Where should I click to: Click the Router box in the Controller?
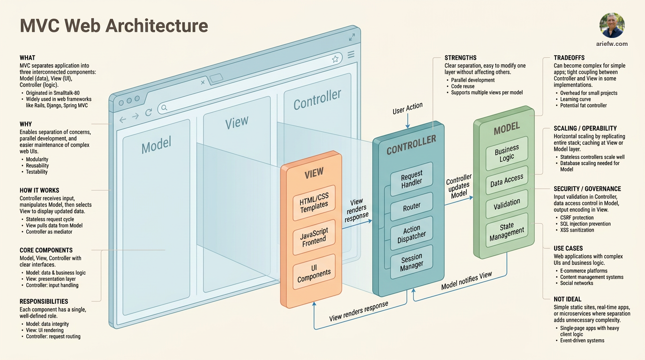click(x=412, y=207)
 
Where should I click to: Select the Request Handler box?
click(x=412, y=179)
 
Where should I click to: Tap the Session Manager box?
click(x=412, y=262)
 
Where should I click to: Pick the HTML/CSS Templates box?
click(x=314, y=203)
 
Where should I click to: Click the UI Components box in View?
click(x=314, y=272)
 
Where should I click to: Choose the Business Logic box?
click(x=507, y=153)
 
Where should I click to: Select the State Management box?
click(x=507, y=231)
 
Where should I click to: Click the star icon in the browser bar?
click(x=335, y=60)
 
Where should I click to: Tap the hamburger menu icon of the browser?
click(x=351, y=54)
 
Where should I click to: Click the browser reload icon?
click(x=149, y=112)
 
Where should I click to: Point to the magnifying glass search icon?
click(x=164, y=108)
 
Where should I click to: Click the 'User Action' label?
click(x=407, y=108)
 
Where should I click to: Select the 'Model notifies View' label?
click(x=466, y=280)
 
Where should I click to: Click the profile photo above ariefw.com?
click(x=612, y=25)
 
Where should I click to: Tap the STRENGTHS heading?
click(x=460, y=58)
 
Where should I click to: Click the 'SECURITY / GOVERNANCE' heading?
click(x=587, y=189)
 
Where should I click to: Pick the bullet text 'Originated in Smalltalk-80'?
click(x=52, y=93)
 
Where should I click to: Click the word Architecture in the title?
click(x=157, y=26)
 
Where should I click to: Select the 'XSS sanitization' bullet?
click(x=577, y=230)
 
